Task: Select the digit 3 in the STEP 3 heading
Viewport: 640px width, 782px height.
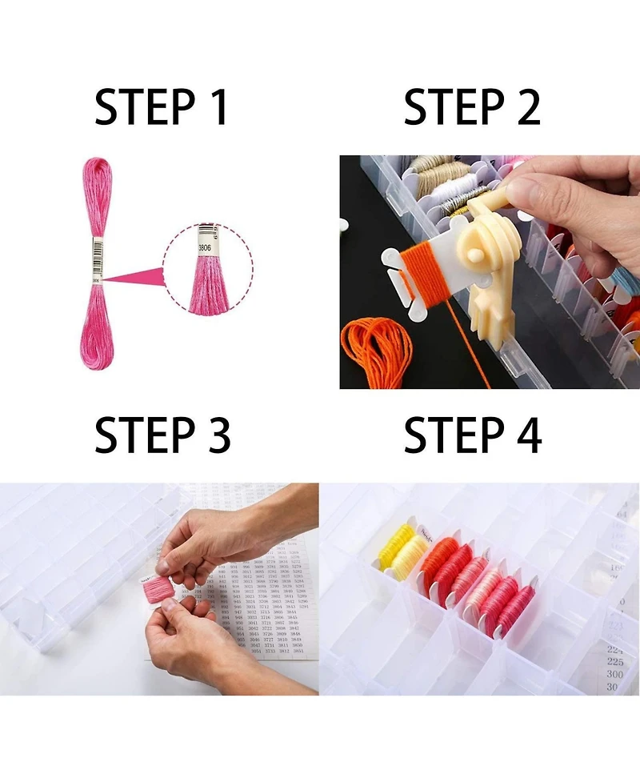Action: pyautogui.click(x=216, y=436)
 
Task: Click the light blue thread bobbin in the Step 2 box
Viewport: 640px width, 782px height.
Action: pyautogui.click(x=624, y=280)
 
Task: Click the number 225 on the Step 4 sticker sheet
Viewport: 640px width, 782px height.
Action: pyautogui.click(x=614, y=662)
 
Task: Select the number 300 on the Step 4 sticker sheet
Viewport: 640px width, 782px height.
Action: pyautogui.click(x=614, y=675)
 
